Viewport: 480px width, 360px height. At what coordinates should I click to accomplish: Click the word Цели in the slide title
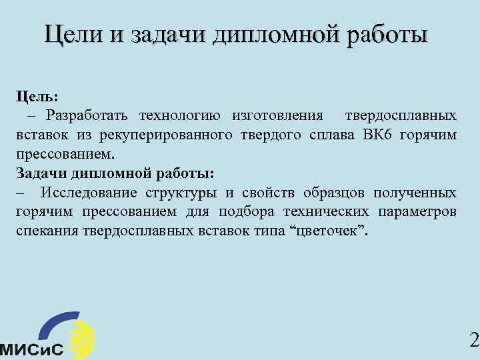[71, 34]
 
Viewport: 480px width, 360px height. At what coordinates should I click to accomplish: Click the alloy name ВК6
[381, 135]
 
